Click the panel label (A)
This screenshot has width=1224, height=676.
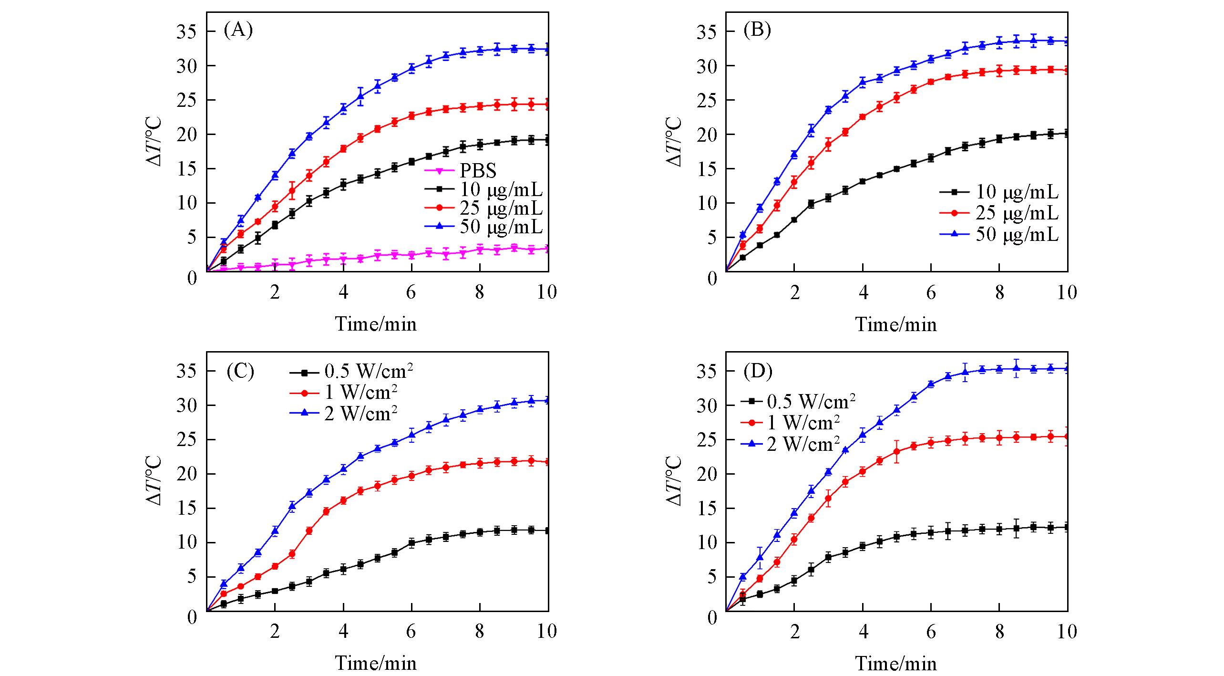pos(238,31)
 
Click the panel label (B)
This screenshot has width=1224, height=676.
pos(757,31)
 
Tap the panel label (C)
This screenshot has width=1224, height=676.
pos(240,371)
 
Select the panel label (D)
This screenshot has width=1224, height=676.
pos(758,371)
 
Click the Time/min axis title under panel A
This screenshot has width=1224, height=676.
pos(376,324)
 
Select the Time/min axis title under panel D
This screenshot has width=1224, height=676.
pos(895,664)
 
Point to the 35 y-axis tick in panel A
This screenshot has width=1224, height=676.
pos(186,31)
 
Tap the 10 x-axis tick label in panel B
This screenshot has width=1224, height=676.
pos(1067,292)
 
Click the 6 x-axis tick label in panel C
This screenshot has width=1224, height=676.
pos(411,632)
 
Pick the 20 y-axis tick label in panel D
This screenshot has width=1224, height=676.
pos(706,474)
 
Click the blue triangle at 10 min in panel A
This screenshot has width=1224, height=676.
pos(548,49)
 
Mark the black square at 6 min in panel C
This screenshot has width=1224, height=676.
pos(411,542)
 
